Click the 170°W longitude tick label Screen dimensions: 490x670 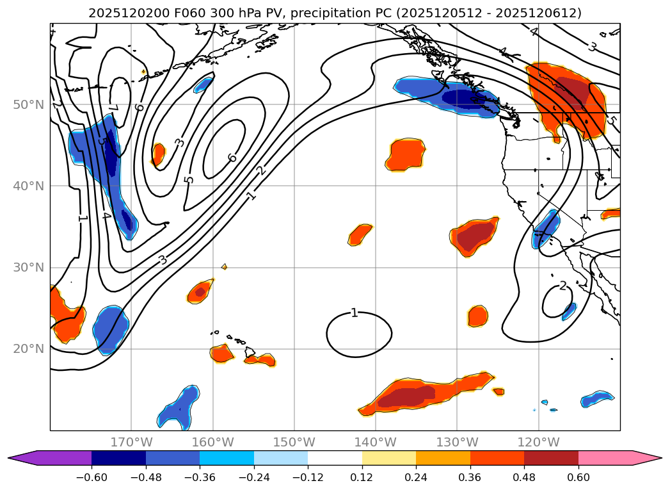point(131,442)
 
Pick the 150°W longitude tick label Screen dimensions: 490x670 point(294,442)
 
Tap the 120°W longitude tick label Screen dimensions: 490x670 point(538,442)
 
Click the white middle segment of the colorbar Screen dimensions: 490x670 point(335,458)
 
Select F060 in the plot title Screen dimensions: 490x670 point(180,13)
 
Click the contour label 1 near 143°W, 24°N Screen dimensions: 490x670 point(354,313)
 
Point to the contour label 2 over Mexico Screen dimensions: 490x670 point(563,286)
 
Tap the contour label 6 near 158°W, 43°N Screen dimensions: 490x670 point(232,158)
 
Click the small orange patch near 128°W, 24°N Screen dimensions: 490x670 point(477,316)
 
